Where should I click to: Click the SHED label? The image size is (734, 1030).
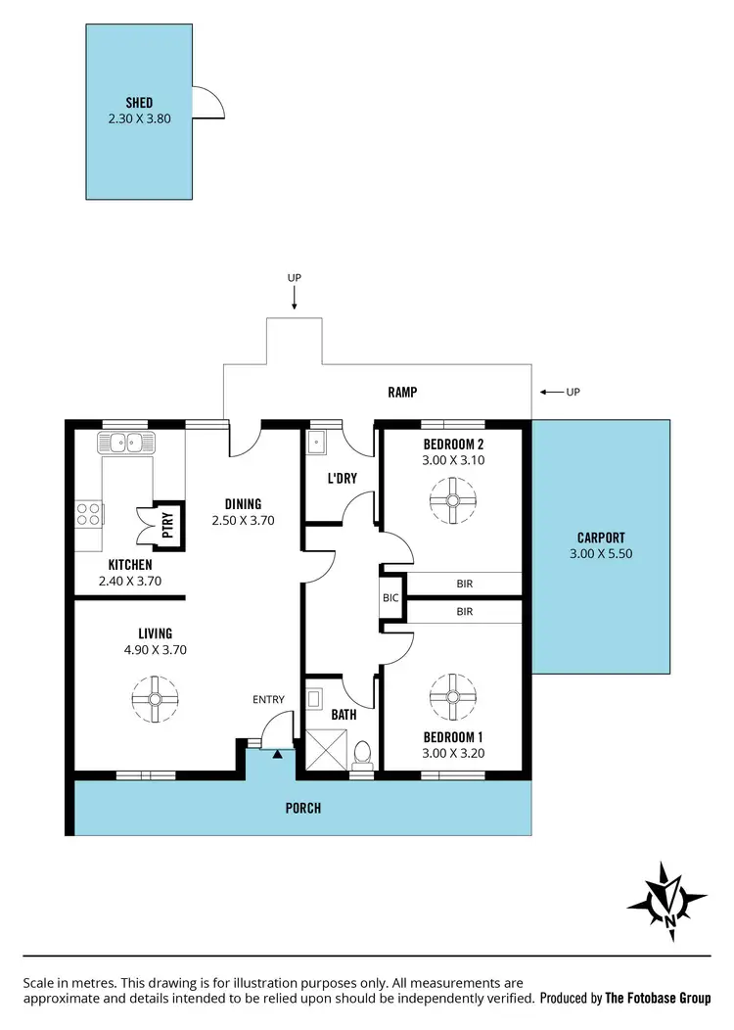pos(139,103)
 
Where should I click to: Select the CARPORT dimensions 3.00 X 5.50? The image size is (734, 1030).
pos(600,553)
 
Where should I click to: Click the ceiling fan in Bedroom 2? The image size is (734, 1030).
pos(452,500)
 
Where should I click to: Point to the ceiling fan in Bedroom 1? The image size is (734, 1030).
pos(452,696)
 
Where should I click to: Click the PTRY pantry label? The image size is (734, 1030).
pos(167,521)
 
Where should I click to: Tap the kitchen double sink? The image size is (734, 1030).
pos(125,443)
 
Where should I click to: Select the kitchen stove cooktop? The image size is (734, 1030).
pos(89,513)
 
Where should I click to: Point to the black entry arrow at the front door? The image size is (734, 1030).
pos(277,753)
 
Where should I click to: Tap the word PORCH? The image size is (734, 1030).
pos(303,808)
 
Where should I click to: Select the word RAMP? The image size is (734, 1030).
pos(402,392)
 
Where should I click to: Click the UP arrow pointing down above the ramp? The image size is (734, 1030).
pos(295,300)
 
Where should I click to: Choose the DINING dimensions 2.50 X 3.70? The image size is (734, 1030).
pos(242,521)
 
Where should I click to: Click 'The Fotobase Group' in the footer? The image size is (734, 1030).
pos(658,998)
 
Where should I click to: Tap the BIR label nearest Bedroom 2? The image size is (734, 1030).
pos(465,584)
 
